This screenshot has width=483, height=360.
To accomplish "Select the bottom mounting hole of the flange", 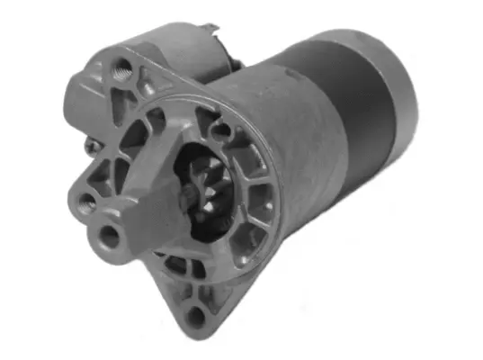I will click(x=194, y=314).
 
